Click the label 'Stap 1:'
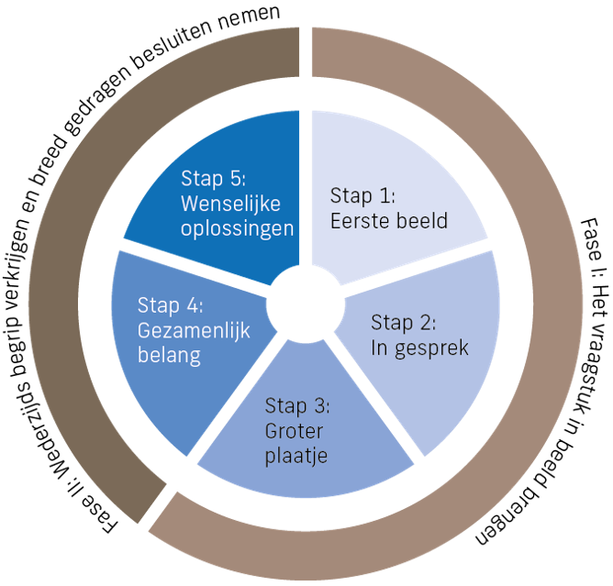[x=362, y=195]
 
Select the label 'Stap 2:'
[x=403, y=323]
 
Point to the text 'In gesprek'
[x=419, y=348]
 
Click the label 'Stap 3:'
[x=297, y=405]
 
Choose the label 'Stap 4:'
[x=171, y=305]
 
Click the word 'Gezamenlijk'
[x=193, y=330]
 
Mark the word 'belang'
[x=169, y=355]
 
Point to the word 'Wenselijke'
[x=229, y=203]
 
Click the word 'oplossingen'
[x=237, y=227]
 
